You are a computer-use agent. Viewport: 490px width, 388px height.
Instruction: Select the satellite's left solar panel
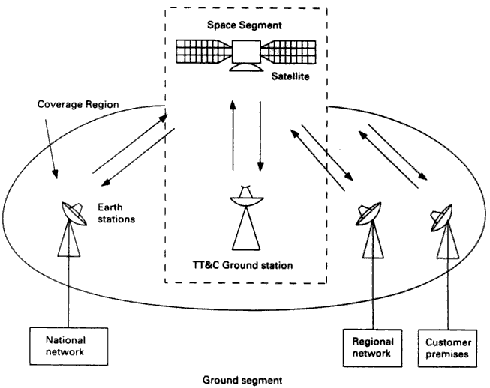pos(199,52)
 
